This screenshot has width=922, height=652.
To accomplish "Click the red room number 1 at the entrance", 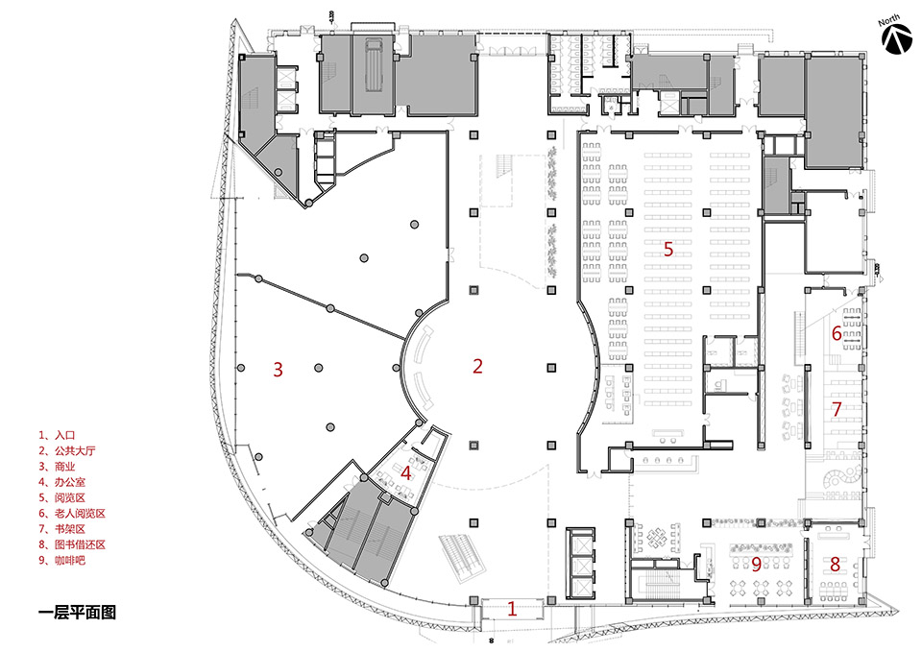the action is pos(512,609).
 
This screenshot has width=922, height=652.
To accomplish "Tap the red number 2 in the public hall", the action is pos(477,366).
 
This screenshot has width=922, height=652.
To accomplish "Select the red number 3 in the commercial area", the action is pos(278,370).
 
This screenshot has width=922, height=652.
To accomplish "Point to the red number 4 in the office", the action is pos(405,472).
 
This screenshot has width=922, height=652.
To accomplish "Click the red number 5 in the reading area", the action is pos(668,249).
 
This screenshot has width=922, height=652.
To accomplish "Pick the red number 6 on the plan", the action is pos(837,333).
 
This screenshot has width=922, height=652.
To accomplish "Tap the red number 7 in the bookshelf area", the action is pos(837,409).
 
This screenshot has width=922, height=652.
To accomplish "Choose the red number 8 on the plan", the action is pos(835,564).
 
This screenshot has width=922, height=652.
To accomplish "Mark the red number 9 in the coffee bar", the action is pos(756,565).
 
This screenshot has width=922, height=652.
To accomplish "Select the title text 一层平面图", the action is pos(77,613).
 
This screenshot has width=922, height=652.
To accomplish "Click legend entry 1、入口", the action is pos(57,435).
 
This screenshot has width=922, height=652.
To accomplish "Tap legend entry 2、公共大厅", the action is pos(67,451).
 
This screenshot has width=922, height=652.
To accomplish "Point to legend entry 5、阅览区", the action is pos(61,498).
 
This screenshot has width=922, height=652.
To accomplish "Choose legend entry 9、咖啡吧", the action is pos(61,560).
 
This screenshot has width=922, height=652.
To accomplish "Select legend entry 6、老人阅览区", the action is pos(72,514).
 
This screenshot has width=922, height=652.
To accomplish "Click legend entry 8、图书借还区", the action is pos(72,545).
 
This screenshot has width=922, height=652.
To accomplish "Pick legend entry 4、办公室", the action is pos(61,482).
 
